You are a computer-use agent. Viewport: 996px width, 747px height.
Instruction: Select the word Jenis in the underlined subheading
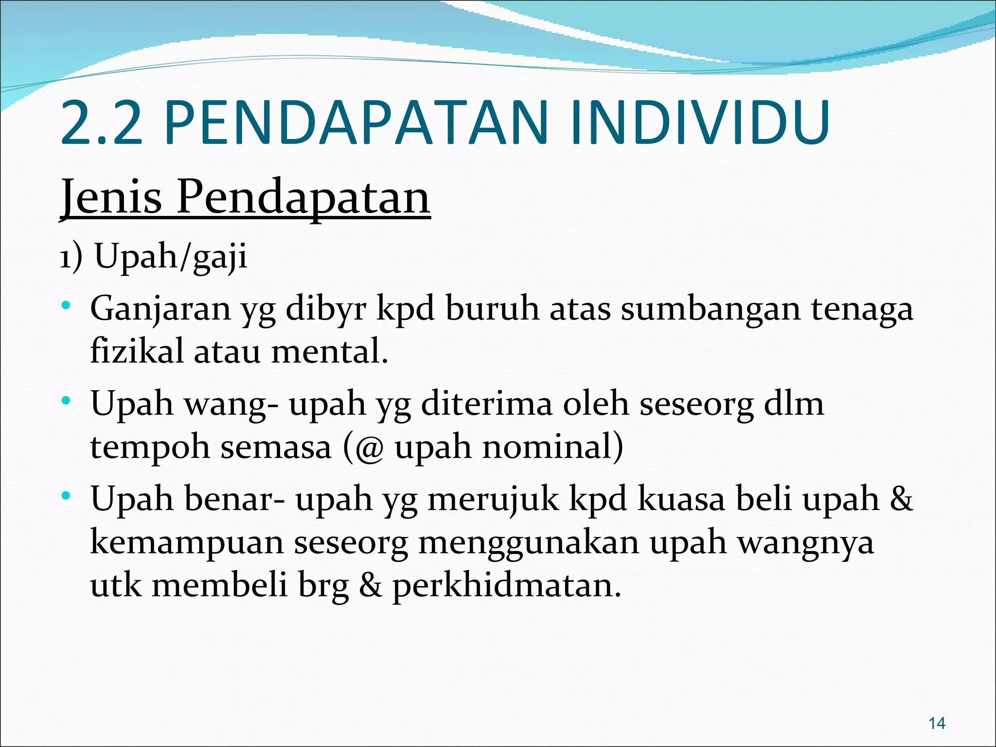tap(111, 197)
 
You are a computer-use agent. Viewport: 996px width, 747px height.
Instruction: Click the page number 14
tap(937, 723)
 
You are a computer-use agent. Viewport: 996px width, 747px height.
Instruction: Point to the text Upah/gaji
tap(171, 256)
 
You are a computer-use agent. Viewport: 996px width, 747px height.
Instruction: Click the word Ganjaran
tap(160, 309)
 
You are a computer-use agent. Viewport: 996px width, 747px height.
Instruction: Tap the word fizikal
tap(137, 351)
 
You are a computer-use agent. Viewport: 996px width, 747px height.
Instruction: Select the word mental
tap(329, 351)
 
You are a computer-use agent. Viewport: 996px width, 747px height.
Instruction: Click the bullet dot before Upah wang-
tap(67, 402)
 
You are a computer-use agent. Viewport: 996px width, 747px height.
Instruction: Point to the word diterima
tap(486, 404)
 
